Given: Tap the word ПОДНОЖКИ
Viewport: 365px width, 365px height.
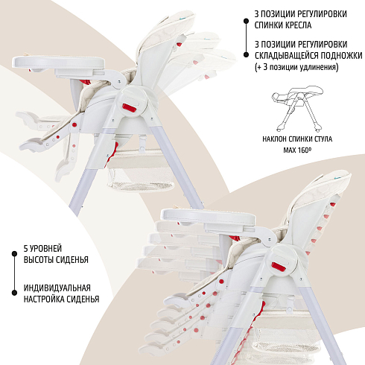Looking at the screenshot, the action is (x=342, y=55).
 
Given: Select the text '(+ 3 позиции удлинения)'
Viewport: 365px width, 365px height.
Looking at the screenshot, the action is (x=296, y=67).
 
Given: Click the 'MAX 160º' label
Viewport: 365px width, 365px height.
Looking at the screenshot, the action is (x=297, y=150).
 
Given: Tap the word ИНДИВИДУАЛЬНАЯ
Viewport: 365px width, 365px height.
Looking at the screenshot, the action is (x=57, y=288).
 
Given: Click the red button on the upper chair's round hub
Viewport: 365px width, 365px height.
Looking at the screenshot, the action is (x=130, y=108).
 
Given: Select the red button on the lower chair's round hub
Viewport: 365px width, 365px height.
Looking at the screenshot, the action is (x=279, y=267).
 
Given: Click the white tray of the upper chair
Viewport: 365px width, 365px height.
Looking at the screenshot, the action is (x=59, y=63).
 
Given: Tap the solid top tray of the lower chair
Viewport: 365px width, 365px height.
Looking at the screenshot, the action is (x=208, y=216).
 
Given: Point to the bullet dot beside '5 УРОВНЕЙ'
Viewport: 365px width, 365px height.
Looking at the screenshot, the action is (x=14, y=254).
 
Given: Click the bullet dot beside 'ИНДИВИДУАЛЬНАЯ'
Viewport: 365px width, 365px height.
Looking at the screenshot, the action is (x=14, y=293).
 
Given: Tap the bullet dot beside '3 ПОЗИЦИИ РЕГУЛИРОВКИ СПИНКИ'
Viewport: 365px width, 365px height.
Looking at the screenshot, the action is (x=246, y=22).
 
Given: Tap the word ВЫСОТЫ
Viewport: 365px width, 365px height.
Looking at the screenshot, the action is (x=38, y=260).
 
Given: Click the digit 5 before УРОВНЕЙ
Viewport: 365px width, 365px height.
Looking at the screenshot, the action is (x=26, y=248).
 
